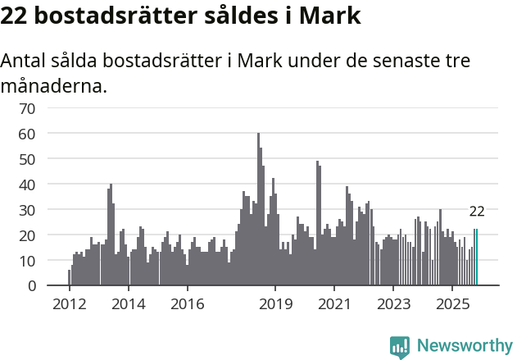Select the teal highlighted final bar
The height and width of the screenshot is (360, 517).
pos(476,257)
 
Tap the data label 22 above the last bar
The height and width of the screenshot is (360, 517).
pos(477,212)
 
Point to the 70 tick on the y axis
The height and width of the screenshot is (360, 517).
pos(50,107)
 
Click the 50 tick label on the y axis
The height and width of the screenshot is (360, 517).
pos(50,158)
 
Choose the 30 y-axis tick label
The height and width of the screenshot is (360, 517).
pos(50,209)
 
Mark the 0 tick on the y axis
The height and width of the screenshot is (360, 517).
pos(53,285)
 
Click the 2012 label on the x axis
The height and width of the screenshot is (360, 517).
pos(69,304)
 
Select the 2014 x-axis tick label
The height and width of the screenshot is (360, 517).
pos(128,304)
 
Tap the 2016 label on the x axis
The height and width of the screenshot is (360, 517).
pos(187,304)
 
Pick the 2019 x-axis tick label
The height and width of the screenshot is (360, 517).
pos(275,304)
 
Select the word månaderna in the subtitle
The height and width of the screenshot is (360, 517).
pos(54,85)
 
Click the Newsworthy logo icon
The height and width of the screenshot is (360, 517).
pos(400,346)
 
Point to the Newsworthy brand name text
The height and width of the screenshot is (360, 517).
pos(465,346)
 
